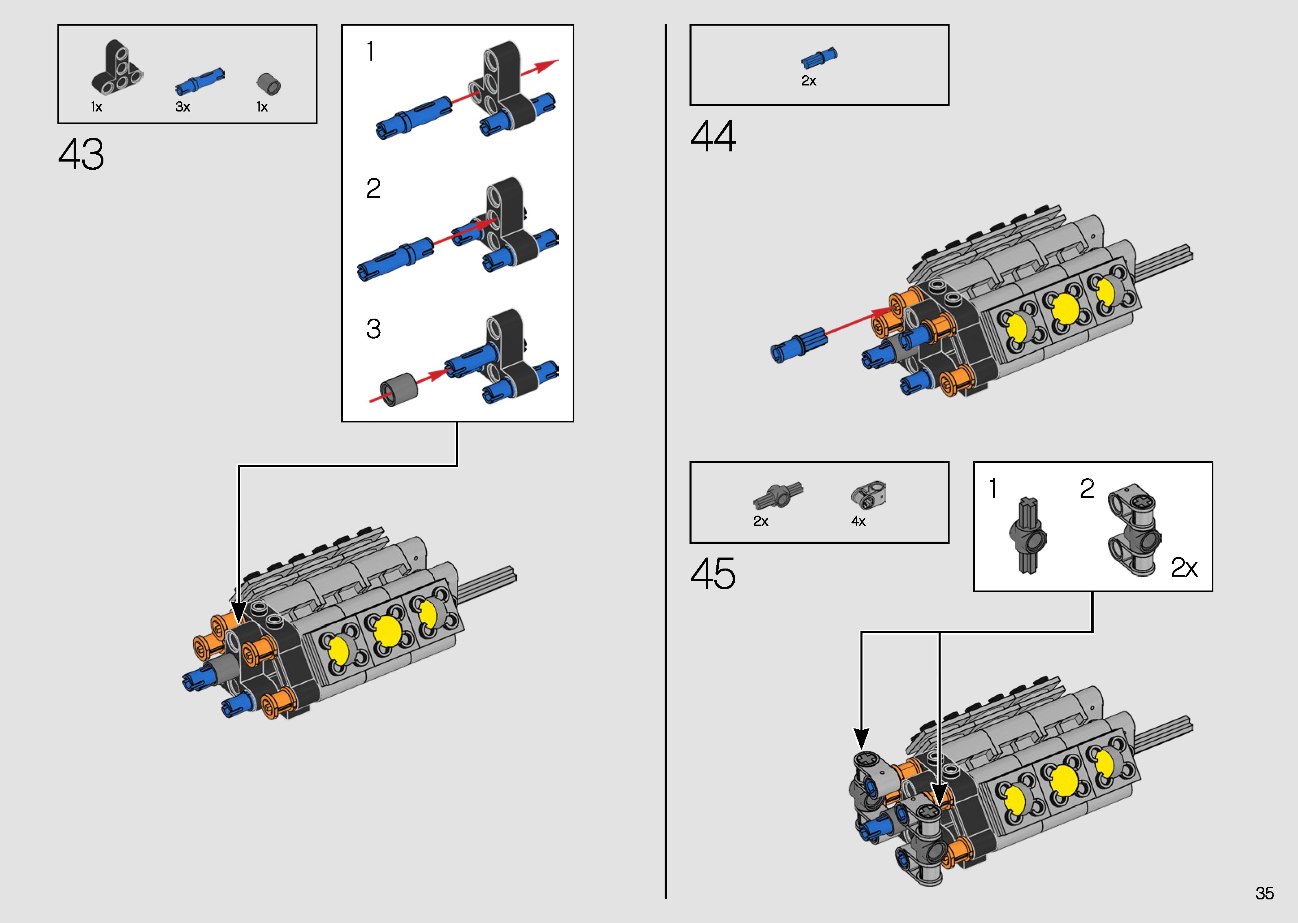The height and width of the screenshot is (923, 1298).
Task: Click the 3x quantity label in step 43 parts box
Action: click(182, 107)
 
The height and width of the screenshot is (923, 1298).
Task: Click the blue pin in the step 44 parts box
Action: click(819, 57)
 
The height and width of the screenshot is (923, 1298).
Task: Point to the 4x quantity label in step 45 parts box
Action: click(858, 521)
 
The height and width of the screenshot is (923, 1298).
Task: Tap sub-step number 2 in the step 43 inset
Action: click(373, 188)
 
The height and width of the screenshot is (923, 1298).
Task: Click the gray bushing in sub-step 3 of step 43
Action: click(398, 389)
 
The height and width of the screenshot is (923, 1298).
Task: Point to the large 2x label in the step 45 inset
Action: click(1184, 567)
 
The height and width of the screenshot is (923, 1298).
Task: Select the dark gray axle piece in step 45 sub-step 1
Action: click(1027, 536)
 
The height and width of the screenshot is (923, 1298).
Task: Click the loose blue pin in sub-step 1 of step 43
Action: click(414, 116)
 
